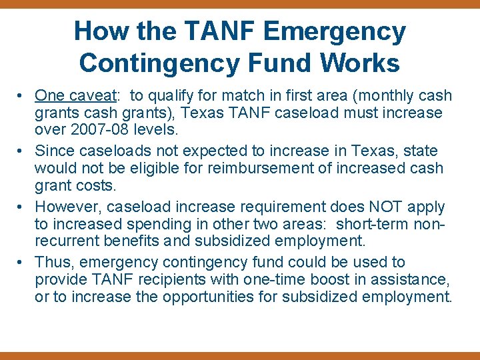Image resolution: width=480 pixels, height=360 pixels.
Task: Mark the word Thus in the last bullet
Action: tap(52, 263)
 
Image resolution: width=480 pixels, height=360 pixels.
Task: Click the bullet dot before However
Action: tap(23, 207)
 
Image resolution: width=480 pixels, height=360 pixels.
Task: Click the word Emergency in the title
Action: tap(335, 31)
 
